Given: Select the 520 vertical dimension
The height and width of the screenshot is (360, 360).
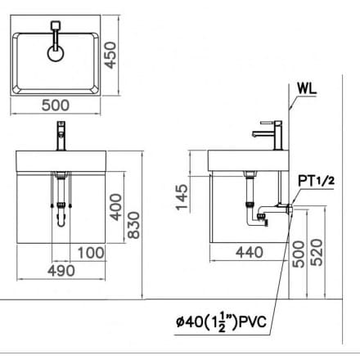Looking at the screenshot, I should tap(324, 253).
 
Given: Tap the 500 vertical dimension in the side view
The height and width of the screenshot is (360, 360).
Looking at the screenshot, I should tap(300, 253).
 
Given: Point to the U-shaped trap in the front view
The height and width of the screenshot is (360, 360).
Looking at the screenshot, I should tap(60, 219).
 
